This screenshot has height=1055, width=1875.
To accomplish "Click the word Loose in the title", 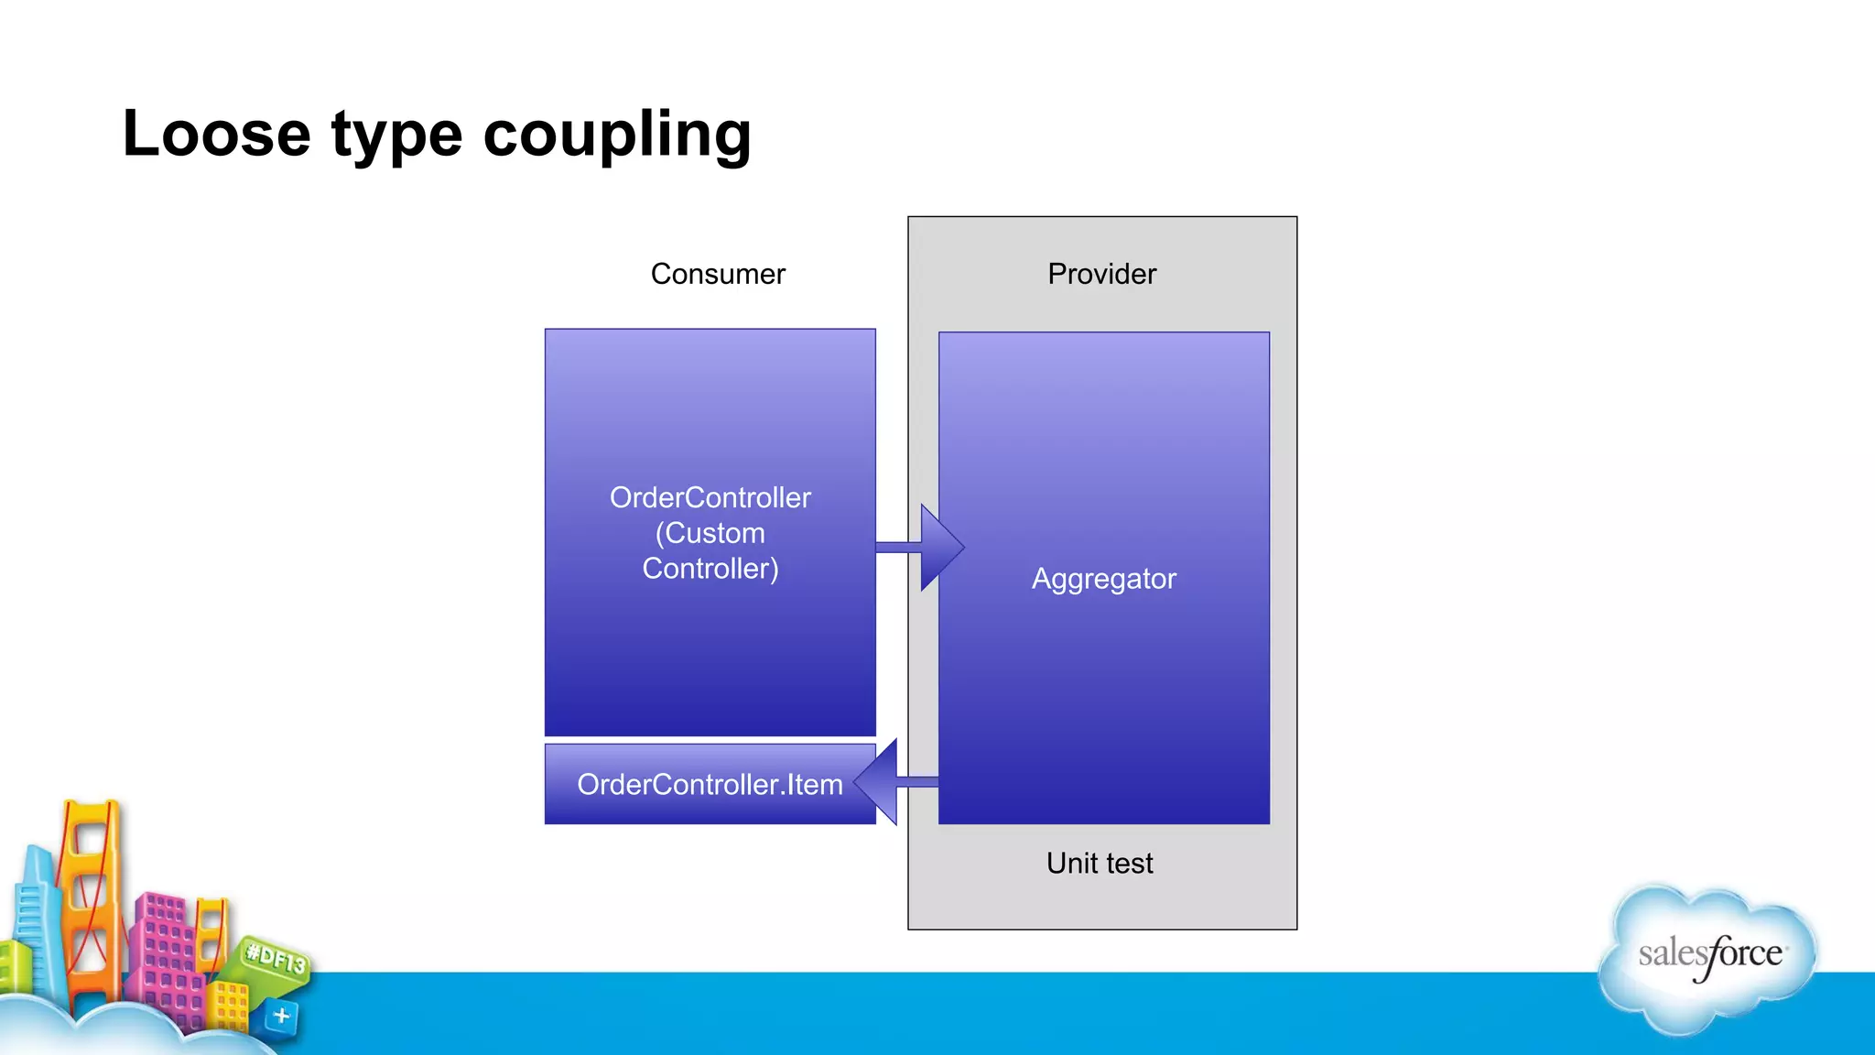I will (x=216, y=135).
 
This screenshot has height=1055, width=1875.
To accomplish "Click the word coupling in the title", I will (x=616, y=135).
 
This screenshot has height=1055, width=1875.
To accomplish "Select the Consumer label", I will (x=718, y=274).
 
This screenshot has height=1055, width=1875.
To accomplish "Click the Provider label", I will (x=1101, y=274).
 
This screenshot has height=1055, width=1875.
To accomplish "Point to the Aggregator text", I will (x=1103, y=579).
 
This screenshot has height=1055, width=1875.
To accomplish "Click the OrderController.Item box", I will (x=710, y=785).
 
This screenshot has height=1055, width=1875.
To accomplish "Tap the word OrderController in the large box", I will (x=710, y=497).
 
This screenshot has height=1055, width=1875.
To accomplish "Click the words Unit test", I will (x=1100, y=863).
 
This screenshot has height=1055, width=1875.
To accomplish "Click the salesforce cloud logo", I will (x=1708, y=957).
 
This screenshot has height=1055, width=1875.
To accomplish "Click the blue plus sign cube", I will (x=281, y=1016).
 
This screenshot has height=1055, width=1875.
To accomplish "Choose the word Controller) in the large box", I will (x=710, y=569).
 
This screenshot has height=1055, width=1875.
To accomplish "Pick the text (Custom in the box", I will (x=710, y=533).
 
